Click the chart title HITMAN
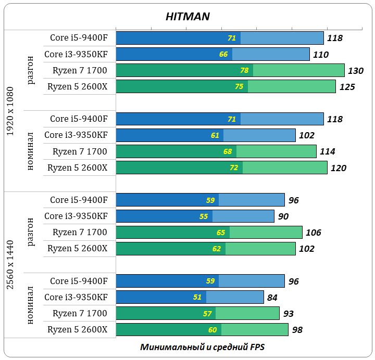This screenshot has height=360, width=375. [187, 17]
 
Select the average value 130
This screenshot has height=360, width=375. [356, 71]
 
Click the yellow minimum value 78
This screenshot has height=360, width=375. [244, 70]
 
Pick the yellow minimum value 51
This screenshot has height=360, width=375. [197, 298]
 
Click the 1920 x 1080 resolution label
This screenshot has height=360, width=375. [11, 111]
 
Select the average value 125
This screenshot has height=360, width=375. [347, 87]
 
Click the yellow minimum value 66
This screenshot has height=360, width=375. [223, 54]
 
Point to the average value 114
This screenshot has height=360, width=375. [327, 152]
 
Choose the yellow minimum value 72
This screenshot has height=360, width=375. [234, 168]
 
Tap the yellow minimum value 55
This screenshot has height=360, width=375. [204, 216]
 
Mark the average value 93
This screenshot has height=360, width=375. [288, 314]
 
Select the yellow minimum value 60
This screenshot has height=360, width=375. [213, 330]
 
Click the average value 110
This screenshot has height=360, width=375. [321, 55]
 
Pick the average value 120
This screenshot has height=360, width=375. [338, 168]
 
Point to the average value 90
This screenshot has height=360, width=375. [283, 216]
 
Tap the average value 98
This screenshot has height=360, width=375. [297, 330]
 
